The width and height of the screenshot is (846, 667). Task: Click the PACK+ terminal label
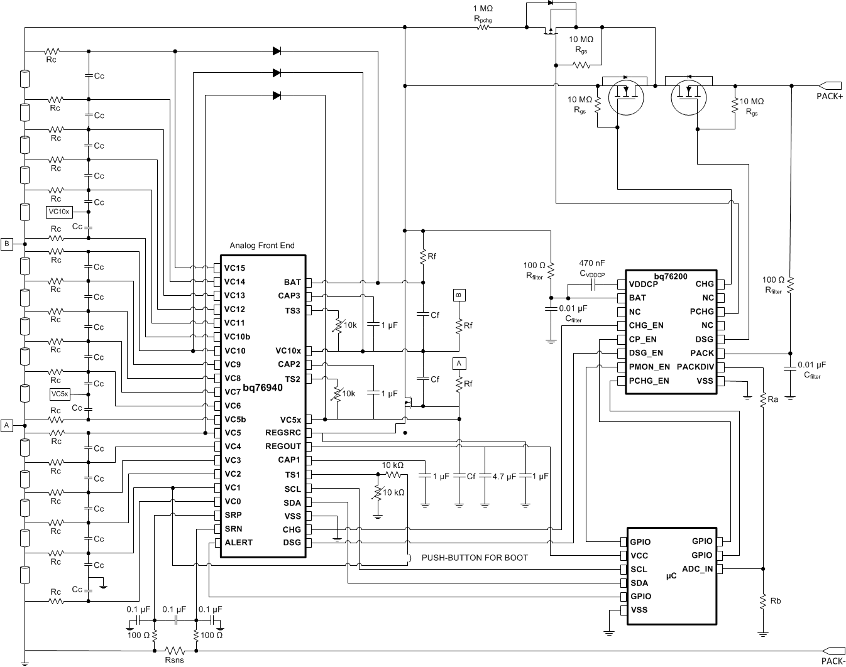829,96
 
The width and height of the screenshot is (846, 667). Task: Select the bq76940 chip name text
263,388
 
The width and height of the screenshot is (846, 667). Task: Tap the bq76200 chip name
670,276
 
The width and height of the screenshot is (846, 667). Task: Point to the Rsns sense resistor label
174,659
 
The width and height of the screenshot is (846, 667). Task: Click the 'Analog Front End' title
261,246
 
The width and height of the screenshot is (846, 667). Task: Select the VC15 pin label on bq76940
234,268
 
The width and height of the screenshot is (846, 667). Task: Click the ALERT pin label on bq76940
238,543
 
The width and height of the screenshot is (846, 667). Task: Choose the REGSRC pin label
283,433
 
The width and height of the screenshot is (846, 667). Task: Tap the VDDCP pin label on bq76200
643,284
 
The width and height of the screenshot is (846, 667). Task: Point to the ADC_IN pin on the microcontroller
697,569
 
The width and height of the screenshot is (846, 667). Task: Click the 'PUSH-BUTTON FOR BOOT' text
475,558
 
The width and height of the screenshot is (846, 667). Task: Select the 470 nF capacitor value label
592,264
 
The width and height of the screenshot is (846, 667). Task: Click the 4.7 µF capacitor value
503,477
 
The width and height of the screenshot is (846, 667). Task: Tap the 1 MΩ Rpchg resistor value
482,9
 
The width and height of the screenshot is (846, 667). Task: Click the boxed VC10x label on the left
60,212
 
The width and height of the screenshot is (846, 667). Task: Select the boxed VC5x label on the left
60,394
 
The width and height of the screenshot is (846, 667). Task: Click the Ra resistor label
773,399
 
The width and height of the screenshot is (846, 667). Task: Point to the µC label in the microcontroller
671,575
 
